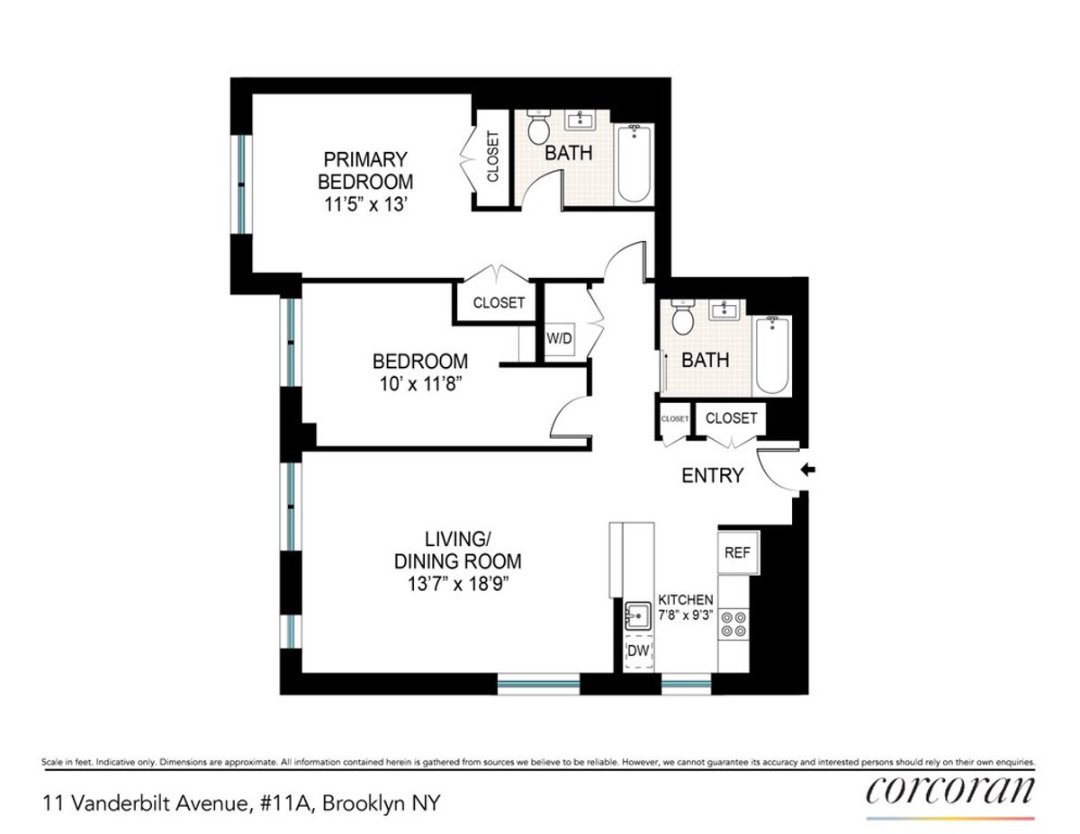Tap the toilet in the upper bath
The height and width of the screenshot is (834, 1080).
539,130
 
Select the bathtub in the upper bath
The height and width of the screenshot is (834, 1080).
634,164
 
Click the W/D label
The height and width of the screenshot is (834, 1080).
559,338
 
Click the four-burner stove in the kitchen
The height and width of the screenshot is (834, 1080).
734,623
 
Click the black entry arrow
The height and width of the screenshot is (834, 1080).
807,469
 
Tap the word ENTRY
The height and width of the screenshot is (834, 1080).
713,476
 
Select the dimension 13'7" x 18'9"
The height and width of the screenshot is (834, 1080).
458,583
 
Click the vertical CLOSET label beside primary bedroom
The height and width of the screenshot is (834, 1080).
493,157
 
